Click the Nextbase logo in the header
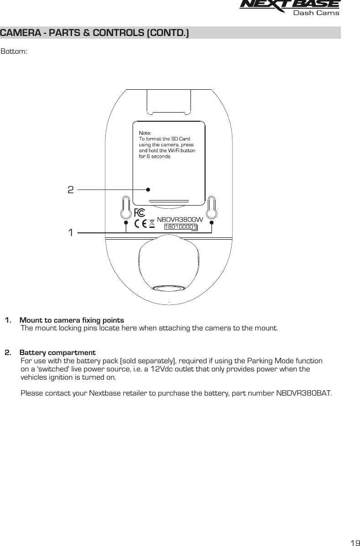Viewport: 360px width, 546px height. (x=290, y=5)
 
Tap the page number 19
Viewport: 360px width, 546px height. (x=354, y=542)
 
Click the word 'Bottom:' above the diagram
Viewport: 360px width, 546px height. (x=14, y=51)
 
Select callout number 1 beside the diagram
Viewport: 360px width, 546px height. (x=71, y=233)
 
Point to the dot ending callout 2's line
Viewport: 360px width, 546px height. (x=148, y=189)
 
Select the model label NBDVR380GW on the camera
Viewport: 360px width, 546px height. (x=180, y=219)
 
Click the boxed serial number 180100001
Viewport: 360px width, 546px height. (x=180, y=227)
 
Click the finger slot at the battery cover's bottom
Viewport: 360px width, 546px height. (x=169, y=200)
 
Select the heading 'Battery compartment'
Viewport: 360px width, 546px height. (x=57, y=353)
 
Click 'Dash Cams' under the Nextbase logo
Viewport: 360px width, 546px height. (x=316, y=13)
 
